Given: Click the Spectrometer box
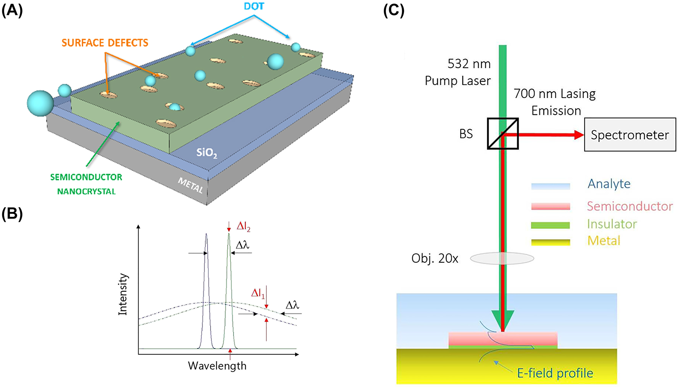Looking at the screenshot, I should tap(630, 135).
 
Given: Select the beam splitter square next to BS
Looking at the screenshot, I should tap(503, 134).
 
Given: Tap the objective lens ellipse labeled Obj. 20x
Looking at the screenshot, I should tap(502, 259).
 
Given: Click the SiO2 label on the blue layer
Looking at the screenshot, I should tap(207, 153).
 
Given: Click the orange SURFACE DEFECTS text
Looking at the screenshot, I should tap(105, 43).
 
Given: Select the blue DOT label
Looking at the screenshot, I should tap(254, 6).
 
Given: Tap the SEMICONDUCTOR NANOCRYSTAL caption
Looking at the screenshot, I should tap(86, 184).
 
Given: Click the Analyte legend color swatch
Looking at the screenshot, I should tap(551, 186).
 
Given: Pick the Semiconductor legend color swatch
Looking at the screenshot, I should tap(551, 206).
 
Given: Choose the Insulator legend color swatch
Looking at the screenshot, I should tap(551, 225).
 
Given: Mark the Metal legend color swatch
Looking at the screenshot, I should tap(551, 242).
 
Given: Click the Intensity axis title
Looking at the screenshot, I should tap(122, 294).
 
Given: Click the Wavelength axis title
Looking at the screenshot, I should tap(217, 366).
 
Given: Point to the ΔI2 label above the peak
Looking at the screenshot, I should tap(243, 227).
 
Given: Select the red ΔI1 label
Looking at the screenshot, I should tap(258, 293).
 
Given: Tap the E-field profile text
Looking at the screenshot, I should tap(555, 373).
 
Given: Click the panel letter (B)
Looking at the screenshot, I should tap(12, 214).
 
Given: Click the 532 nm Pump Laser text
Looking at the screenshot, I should tap(458, 72).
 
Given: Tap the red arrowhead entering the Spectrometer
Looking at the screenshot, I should tap(579, 135).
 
